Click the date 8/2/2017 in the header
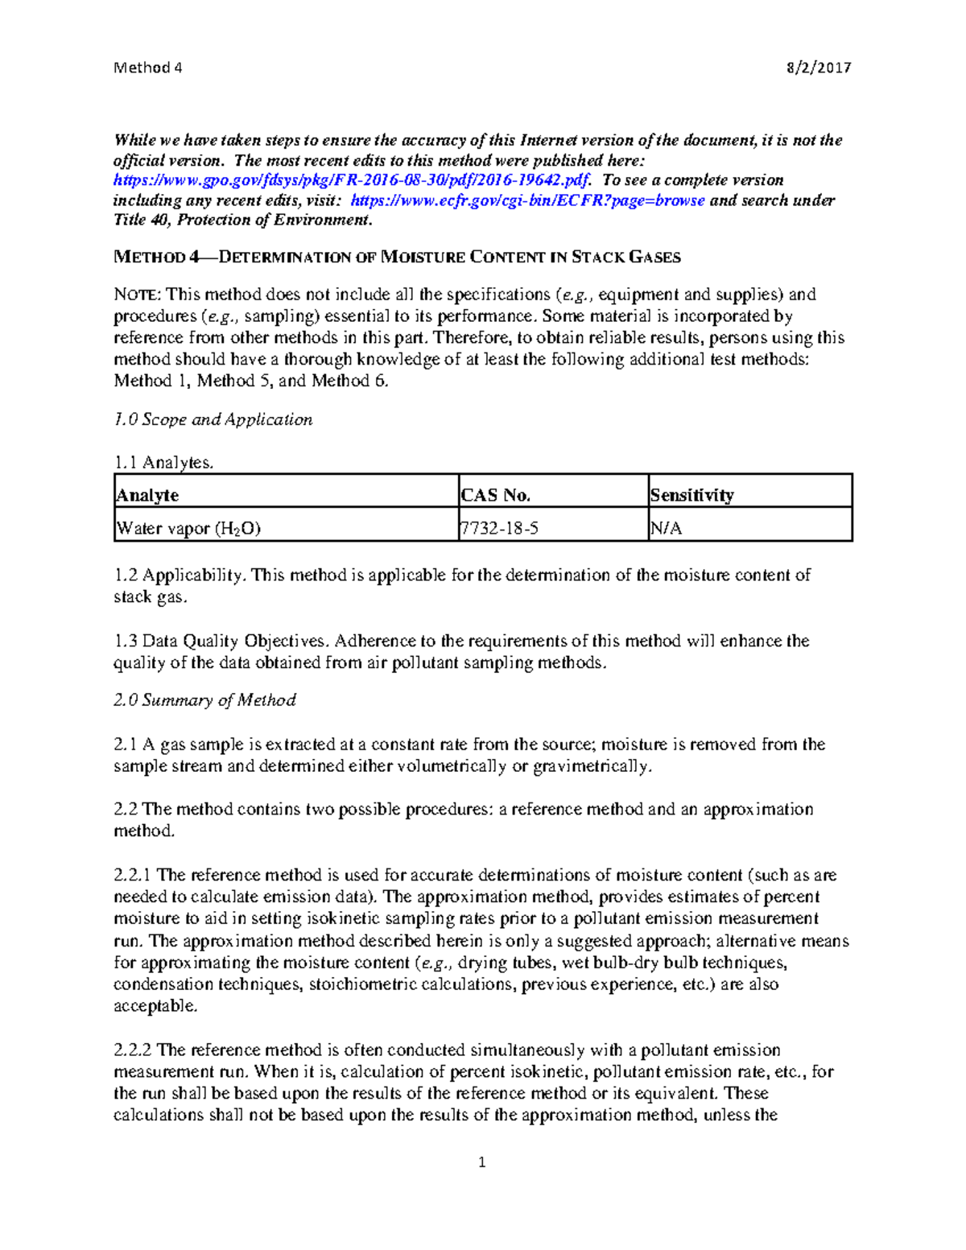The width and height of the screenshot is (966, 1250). point(819,68)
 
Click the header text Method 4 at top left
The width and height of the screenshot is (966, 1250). point(148,68)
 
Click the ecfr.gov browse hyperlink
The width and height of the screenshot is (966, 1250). point(528,200)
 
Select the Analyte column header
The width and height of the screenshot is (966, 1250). point(148,495)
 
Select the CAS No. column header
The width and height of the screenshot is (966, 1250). point(495,495)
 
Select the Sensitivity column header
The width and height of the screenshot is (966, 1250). point(691,495)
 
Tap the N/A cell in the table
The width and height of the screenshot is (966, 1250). point(667,528)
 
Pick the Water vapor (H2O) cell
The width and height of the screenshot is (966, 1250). point(188,528)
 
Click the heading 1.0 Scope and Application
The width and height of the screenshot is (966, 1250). point(213,419)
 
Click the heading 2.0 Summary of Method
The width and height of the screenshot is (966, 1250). point(205,700)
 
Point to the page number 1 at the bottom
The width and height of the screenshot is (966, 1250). point(482,1161)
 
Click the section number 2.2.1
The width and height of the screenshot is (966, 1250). point(133,875)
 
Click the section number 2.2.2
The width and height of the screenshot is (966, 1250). point(133,1050)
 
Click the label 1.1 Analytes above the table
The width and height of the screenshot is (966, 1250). point(163,462)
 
